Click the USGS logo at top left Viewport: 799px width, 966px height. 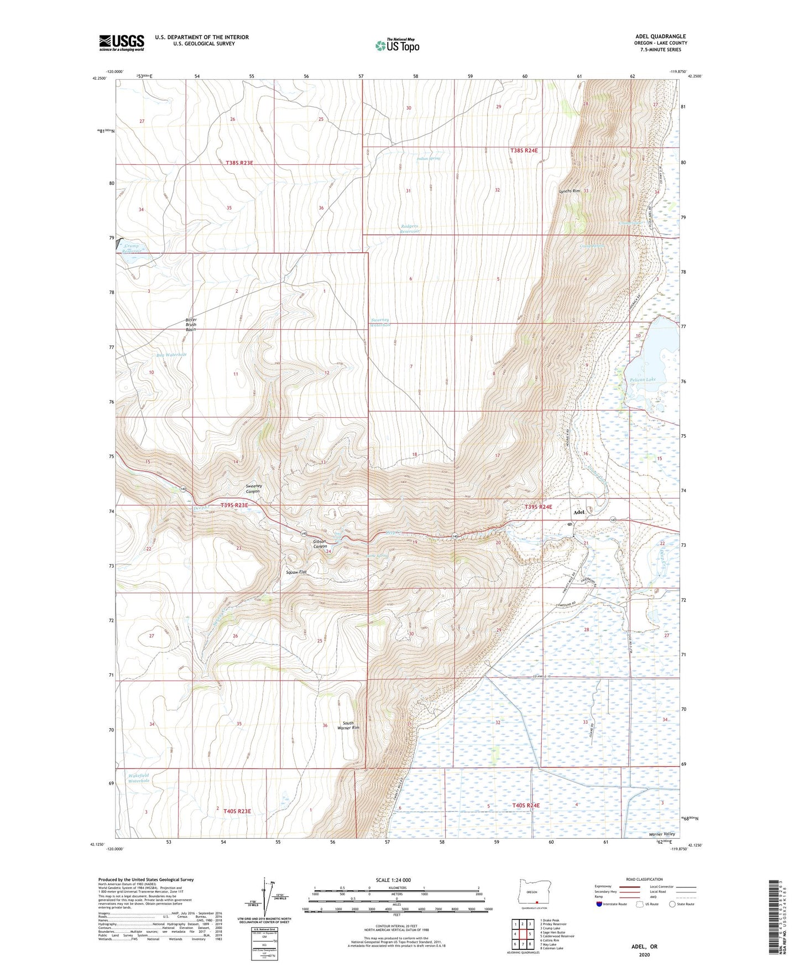[122, 43]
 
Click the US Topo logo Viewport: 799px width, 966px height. [397, 46]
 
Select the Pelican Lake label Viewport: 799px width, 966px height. [643, 380]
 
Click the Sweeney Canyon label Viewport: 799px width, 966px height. [253, 488]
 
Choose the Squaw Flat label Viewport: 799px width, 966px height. [296, 572]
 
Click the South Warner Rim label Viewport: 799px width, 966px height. [348, 725]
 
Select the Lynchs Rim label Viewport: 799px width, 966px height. [570, 191]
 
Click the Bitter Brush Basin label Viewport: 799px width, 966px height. [191, 324]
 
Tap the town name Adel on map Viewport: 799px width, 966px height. [579, 512]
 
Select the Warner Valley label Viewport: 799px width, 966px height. [662, 834]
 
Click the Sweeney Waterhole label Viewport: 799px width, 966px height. [380, 322]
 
